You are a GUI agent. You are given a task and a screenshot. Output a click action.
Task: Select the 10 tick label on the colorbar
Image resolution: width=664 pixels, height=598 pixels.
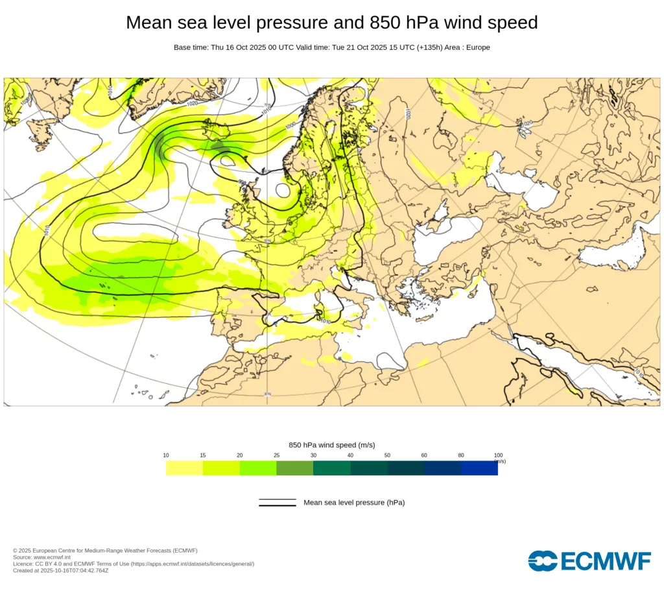[x=166, y=455]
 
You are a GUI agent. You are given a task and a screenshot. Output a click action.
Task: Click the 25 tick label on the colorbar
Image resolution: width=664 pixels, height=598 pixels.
[x=276, y=455]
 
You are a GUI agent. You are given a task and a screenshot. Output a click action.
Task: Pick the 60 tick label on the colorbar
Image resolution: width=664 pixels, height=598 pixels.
[x=424, y=455]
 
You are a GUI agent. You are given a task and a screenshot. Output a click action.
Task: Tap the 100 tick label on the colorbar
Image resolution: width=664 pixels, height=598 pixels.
[x=498, y=455]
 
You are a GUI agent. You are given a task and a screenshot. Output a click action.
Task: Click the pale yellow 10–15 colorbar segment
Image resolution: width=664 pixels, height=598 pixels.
[x=184, y=468]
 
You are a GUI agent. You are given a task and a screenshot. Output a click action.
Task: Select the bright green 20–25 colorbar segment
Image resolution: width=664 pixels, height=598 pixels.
[x=258, y=468]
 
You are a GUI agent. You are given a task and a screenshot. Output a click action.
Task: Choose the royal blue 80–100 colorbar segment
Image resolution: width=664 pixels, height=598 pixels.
[x=479, y=468]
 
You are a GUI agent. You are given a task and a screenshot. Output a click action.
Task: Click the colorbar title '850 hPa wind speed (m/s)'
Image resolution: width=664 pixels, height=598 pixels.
[x=332, y=445]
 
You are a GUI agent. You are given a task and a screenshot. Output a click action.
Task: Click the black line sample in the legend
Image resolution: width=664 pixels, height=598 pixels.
[x=278, y=503]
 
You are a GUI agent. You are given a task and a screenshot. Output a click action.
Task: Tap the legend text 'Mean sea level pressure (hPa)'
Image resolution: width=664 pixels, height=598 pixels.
[x=354, y=503]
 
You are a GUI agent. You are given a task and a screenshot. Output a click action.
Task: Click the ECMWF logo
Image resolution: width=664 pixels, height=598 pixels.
[x=589, y=561]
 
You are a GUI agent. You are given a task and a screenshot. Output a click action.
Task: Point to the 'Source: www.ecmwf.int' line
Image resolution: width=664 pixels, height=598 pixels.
[x=41, y=557]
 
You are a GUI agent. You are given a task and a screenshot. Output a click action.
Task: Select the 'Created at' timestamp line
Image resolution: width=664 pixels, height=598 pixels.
[x=60, y=571]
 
